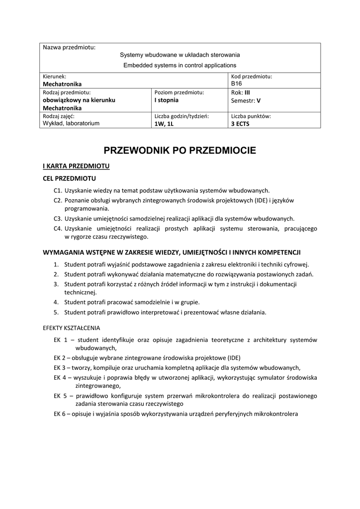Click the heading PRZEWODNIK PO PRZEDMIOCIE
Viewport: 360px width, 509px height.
click(x=180, y=150)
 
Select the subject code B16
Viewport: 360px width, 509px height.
click(x=236, y=84)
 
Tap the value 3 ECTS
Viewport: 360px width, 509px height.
click(x=241, y=124)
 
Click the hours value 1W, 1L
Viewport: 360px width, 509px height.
click(x=164, y=124)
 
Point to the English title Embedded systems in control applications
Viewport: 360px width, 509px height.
click(x=180, y=65)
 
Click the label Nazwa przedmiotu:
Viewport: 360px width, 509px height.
click(x=69, y=48)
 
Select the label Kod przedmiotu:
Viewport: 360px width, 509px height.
click(x=252, y=77)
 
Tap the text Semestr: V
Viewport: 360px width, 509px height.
click(x=246, y=100)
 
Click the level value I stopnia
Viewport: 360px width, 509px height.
click(x=167, y=100)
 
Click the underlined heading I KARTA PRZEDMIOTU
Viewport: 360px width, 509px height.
click(x=76, y=166)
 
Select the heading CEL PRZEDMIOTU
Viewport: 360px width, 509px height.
click(x=69, y=178)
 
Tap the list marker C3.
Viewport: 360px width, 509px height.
click(x=58, y=218)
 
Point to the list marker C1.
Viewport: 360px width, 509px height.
click(x=58, y=190)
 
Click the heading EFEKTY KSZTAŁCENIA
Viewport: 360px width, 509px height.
click(x=72, y=328)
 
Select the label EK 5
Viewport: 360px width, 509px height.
click(x=60, y=396)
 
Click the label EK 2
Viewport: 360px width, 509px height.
click(x=60, y=358)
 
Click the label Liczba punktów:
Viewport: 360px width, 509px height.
click(x=251, y=116)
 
